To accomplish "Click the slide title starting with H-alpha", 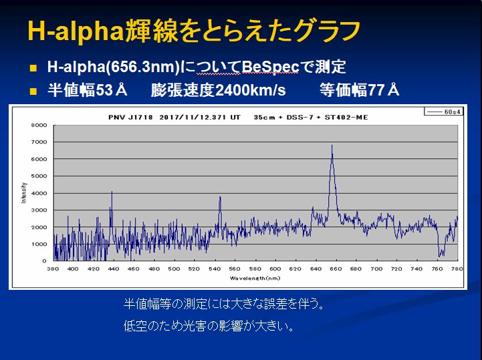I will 195,30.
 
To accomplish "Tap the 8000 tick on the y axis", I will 38,126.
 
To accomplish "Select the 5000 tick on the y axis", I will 38,176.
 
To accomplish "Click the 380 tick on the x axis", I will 53,268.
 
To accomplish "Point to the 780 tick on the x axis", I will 458,268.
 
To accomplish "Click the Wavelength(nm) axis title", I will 255,277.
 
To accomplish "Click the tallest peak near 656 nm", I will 332,146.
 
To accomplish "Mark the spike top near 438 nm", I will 112,192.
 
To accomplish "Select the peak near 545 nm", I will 220,197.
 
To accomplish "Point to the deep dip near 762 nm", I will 440,255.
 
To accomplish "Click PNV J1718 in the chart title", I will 130,117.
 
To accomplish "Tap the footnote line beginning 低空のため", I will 209,327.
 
